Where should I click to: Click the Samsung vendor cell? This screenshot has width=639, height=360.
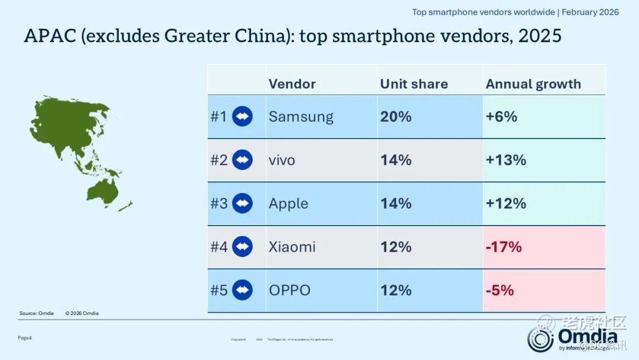click(301, 117)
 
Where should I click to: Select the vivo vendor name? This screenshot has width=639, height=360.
click(282, 160)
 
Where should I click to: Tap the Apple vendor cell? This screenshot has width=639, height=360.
click(288, 204)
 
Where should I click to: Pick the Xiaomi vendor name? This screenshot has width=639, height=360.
click(292, 247)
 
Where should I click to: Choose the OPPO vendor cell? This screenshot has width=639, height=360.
click(289, 290)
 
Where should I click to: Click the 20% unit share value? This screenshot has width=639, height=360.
click(396, 117)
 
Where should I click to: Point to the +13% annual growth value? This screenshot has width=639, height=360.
click(506, 160)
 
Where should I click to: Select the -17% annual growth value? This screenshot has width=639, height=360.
click(504, 247)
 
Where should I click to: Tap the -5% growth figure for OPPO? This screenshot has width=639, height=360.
click(499, 290)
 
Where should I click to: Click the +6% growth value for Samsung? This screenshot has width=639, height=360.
click(501, 117)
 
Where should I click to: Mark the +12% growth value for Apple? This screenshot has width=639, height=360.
click(506, 204)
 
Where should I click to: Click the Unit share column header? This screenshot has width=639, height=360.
click(414, 84)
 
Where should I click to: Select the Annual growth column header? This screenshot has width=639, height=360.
click(533, 84)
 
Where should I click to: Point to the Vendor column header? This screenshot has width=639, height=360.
click(292, 84)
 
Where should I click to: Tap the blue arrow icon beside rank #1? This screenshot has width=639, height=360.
click(242, 117)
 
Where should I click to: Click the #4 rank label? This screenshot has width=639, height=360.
click(219, 247)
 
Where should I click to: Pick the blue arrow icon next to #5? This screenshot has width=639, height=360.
click(242, 290)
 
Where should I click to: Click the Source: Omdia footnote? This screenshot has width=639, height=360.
click(37, 313)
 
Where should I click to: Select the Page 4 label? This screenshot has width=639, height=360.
click(25, 337)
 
